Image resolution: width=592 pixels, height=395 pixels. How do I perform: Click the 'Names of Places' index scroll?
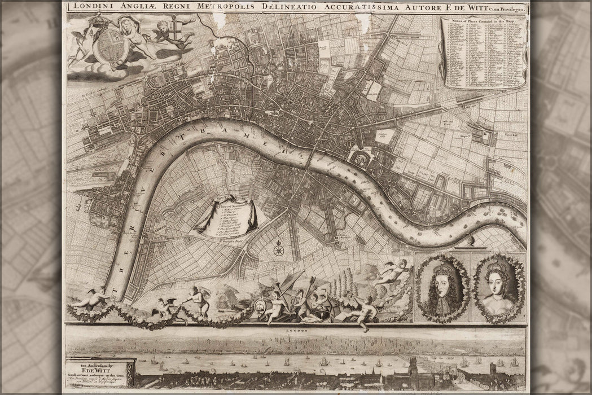click(484, 51)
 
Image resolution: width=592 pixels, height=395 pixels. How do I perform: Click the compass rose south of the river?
click(278, 248)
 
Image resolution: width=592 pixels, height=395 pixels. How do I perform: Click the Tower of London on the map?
click(361, 159)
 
